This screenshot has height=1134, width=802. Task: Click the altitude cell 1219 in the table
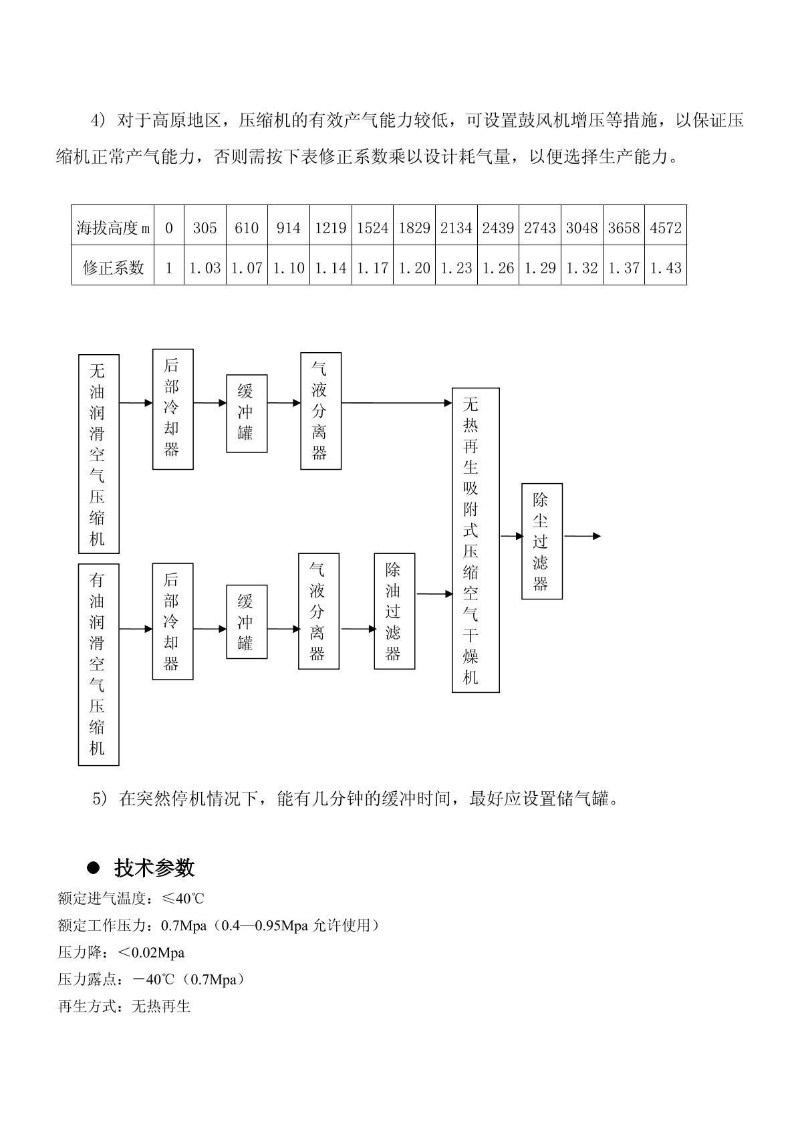(x=331, y=228)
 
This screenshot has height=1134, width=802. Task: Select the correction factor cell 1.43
(x=666, y=268)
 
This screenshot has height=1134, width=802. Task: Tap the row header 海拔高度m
(x=113, y=228)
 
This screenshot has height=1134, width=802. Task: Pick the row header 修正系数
(x=113, y=268)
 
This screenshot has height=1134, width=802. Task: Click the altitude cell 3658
(x=624, y=228)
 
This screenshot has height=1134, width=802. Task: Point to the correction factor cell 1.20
(x=414, y=268)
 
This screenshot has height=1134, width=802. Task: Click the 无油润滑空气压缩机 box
(x=99, y=454)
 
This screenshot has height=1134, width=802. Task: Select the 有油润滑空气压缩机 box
(x=99, y=664)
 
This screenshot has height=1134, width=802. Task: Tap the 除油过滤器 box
(x=394, y=611)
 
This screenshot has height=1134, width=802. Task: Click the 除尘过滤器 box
(x=542, y=541)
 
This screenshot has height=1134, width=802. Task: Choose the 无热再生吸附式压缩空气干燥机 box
(x=475, y=540)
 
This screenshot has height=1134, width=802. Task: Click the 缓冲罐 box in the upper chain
(x=247, y=414)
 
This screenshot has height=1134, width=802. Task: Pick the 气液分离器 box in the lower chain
(x=319, y=611)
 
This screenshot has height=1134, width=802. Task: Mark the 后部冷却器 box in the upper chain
(x=172, y=408)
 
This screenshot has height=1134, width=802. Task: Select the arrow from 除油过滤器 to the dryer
(x=434, y=593)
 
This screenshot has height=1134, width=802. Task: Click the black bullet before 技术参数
(x=94, y=867)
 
